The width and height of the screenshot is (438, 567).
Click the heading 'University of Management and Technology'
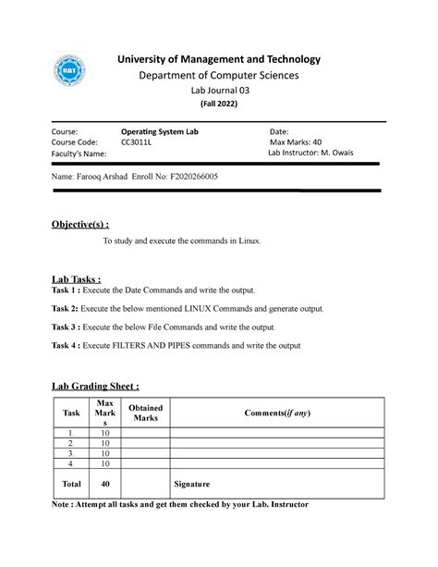pyautogui.click(x=219, y=59)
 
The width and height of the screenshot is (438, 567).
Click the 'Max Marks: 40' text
pyautogui.click(x=297, y=143)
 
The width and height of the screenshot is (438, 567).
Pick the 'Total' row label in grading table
pyautogui.click(x=71, y=484)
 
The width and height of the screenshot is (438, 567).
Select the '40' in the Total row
pyautogui.click(x=105, y=484)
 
